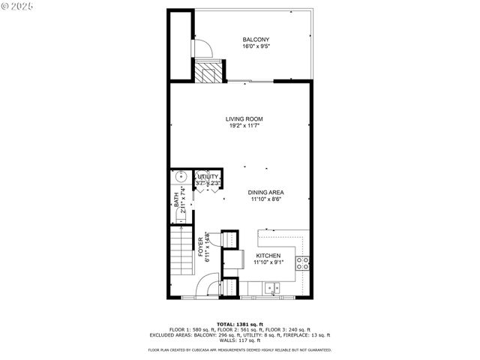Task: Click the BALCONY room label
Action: pyautogui.click(x=256, y=39)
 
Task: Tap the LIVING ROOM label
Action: pyautogui.click(x=244, y=118)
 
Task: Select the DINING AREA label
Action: pyautogui.click(x=266, y=192)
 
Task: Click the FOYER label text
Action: pyautogui.click(x=201, y=248)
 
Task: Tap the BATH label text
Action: pyautogui.click(x=177, y=200)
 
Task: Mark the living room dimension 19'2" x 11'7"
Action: pyautogui.click(x=244, y=126)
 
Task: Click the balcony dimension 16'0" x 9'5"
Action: pyautogui.click(x=256, y=46)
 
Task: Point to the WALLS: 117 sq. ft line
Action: pyautogui.click(x=239, y=341)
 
